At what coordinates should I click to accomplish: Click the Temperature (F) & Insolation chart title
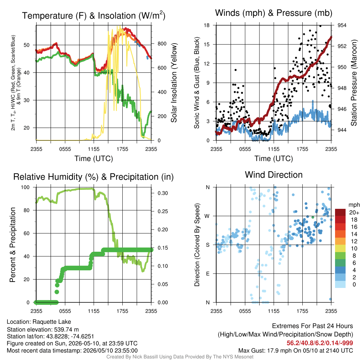coord(94,15)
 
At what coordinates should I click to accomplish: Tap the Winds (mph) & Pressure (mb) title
coord(274,13)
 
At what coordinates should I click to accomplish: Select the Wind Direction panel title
coord(274,175)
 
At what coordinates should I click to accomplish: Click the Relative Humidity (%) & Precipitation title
coord(94,177)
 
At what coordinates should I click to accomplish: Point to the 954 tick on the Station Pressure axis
coord(342,25)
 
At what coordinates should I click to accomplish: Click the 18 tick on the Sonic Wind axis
coord(207,25)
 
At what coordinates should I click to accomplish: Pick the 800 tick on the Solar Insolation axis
coord(162,44)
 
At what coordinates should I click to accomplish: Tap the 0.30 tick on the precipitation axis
coord(163,193)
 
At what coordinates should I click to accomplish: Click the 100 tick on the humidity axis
coord(25,187)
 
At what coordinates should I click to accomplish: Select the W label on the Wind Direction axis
coord(207,216)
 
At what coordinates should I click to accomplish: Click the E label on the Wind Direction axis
coord(208,274)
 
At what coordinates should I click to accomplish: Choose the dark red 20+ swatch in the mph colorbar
coord(340,212)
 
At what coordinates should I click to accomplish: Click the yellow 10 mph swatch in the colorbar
coord(340,249)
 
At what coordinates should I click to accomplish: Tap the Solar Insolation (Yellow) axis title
coord(174,83)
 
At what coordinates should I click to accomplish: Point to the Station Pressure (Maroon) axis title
coord(354,83)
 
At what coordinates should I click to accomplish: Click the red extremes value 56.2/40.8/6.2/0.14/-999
coord(320,343)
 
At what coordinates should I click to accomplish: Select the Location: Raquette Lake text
coord(39,322)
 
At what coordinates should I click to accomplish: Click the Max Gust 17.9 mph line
coord(295,351)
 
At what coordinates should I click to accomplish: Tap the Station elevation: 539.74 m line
coord(43,329)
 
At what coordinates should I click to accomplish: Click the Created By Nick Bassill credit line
coord(180,357)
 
